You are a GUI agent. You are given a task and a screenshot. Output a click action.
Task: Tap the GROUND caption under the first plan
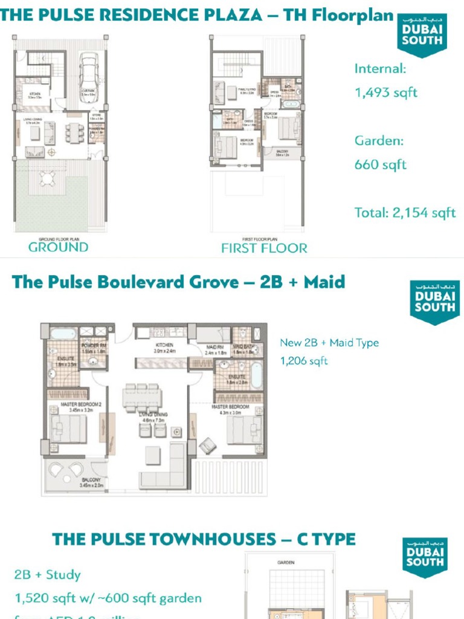tap(58, 247)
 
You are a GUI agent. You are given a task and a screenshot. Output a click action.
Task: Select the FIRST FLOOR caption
tap(264, 248)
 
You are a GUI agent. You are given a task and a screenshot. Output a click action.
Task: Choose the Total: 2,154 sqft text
tap(405, 213)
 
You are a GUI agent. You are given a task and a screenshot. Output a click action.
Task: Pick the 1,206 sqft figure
tap(303, 361)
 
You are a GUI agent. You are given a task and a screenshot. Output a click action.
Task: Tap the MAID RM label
tap(216, 346)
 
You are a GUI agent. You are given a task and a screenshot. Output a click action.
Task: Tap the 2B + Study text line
tap(48, 575)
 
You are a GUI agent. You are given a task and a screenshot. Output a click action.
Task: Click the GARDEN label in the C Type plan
tap(286, 562)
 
